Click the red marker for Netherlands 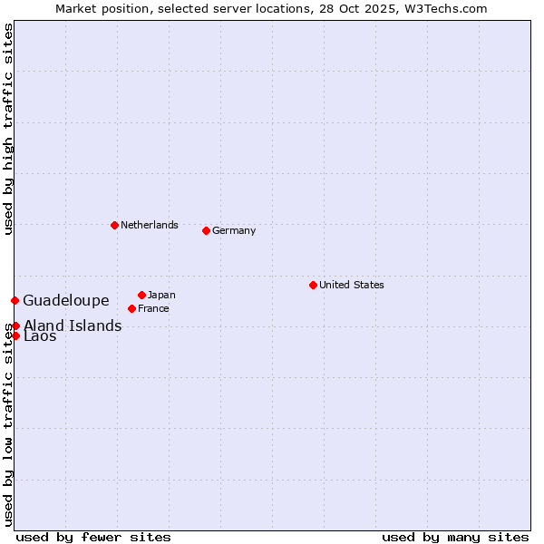pyautogui.click(x=114, y=225)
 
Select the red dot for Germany pyautogui.click(x=206, y=230)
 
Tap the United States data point pyautogui.click(x=313, y=285)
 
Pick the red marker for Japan pyautogui.click(x=141, y=295)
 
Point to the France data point pyautogui.click(x=131, y=308)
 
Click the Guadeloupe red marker pyautogui.click(x=15, y=300)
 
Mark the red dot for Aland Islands pyautogui.click(x=15, y=325)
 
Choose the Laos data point pyautogui.click(x=15, y=335)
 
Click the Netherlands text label pyautogui.click(x=150, y=225)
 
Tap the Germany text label pyautogui.click(x=234, y=230)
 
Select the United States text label pyautogui.click(x=352, y=285)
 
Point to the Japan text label pyautogui.click(x=161, y=295)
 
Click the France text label pyautogui.click(x=153, y=308)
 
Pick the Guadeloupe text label pyautogui.click(x=66, y=300)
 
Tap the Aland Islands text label pyautogui.click(x=73, y=325)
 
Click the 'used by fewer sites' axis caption pyautogui.click(x=93, y=537)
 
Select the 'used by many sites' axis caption pyautogui.click(x=455, y=537)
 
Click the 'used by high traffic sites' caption pyautogui.click(x=8, y=130)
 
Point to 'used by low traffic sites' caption pyautogui.click(x=8, y=426)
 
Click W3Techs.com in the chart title pyautogui.click(x=444, y=8)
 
